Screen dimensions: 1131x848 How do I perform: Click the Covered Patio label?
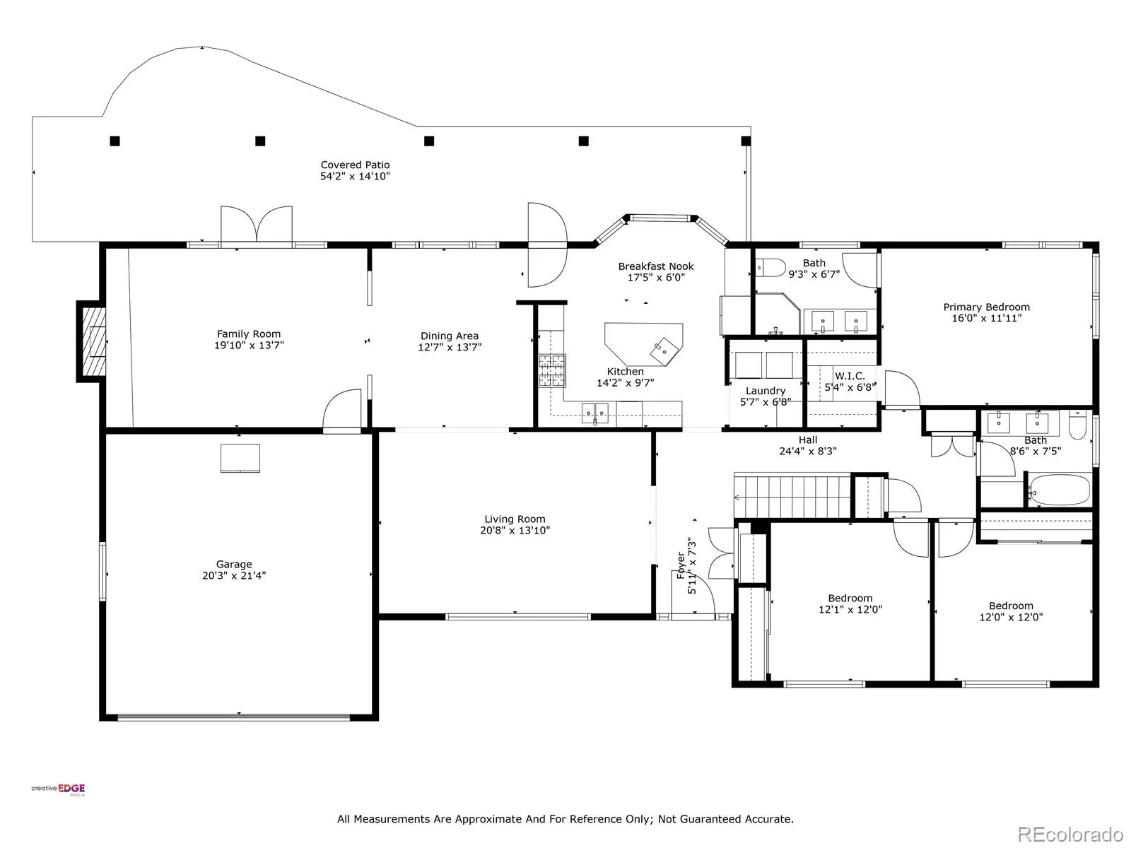(355, 165)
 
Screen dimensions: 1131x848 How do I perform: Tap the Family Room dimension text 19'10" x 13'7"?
(249, 345)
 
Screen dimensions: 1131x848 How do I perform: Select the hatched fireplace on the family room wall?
(92, 341)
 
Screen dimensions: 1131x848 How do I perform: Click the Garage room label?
(234, 565)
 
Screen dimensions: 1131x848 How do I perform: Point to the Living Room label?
(515, 519)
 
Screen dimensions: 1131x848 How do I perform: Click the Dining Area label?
(450, 336)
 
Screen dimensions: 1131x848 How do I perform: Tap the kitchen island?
(643, 344)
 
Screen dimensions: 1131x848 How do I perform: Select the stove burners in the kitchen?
(552, 371)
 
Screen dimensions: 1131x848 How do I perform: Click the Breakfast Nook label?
(656, 266)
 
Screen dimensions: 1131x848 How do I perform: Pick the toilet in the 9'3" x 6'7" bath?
(770, 268)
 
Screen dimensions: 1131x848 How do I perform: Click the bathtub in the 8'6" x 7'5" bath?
(1060, 490)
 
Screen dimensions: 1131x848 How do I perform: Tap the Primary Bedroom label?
(987, 307)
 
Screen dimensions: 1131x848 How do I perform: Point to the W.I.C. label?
(850, 376)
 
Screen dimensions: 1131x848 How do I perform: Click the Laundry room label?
(766, 391)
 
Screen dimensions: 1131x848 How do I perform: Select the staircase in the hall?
(792, 497)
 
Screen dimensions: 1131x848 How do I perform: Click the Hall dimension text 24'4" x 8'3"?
(808, 451)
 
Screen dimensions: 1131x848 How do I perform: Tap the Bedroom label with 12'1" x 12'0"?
(850, 599)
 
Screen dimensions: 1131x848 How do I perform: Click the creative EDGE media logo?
(58, 789)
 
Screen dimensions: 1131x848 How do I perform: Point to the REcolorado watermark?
(1070, 834)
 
